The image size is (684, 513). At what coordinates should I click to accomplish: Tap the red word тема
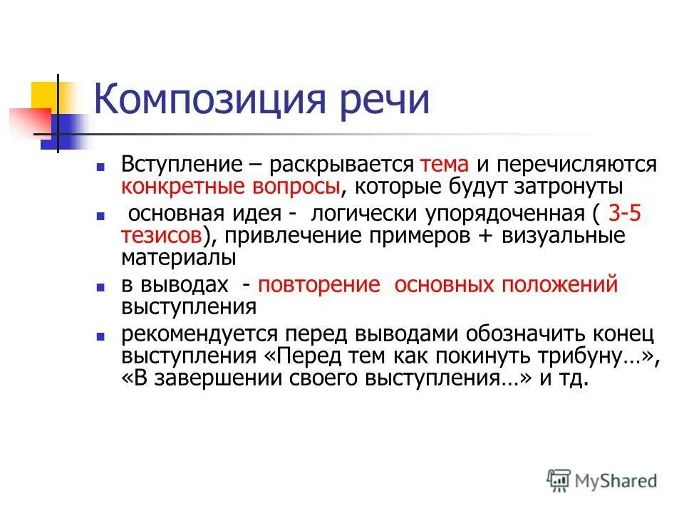click(x=445, y=165)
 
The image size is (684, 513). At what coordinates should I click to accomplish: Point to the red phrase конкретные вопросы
click(x=229, y=187)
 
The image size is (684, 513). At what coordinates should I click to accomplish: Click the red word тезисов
click(x=162, y=235)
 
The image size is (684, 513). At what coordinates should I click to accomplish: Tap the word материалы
click(x=177, y=256)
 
